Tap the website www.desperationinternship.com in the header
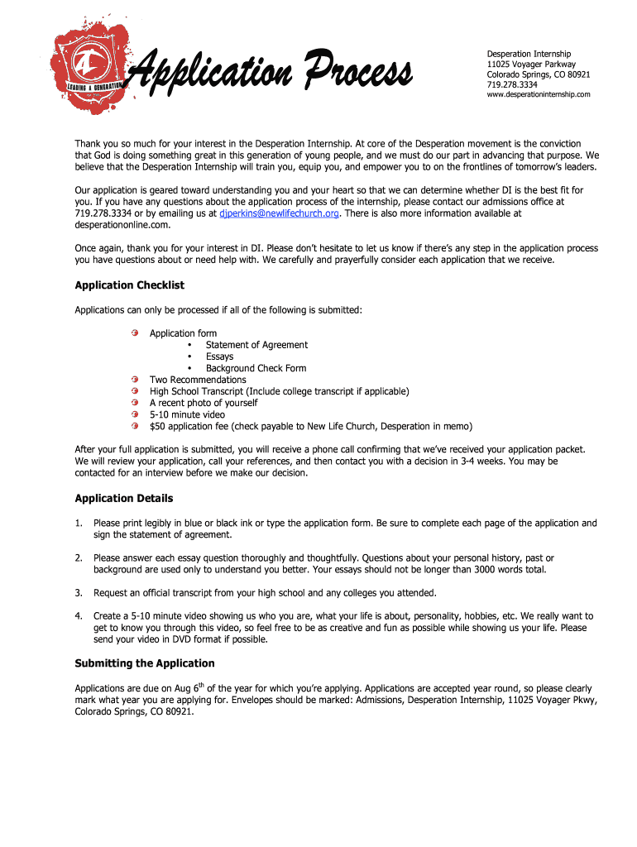[538, 94]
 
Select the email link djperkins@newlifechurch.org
[280, 213]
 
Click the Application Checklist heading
[129, 285]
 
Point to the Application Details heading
[124, 499]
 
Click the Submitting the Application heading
[145, 663]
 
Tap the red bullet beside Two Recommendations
[134, 380]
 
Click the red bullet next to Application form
[134, 333]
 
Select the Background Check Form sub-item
[256, 368]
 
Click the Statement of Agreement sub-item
[256, 345]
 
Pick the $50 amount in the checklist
[157, 426]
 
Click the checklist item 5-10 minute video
[187, 414]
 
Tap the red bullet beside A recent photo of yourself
[134, 403]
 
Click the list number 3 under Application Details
[79, 593]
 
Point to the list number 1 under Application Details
[79, 524]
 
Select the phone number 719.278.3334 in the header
[511, 84]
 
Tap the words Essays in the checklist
[220, 357]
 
